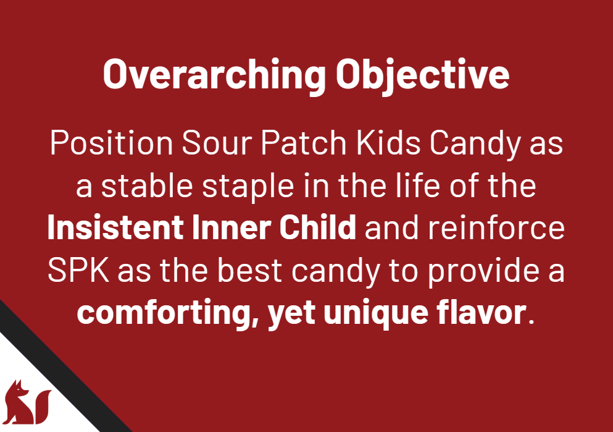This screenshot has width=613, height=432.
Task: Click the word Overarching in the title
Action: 214,74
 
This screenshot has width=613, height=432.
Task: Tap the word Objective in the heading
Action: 423,74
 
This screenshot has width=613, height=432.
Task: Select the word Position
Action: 111,143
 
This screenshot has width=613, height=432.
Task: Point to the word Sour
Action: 217,143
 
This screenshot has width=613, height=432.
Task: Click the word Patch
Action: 304,143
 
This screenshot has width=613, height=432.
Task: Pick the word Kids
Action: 388,143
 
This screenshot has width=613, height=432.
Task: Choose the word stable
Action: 147,185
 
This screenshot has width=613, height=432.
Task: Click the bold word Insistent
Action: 115,227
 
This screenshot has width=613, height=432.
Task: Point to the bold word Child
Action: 317,227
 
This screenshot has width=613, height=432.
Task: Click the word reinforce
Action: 496,227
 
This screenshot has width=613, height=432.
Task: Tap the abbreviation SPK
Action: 78,270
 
